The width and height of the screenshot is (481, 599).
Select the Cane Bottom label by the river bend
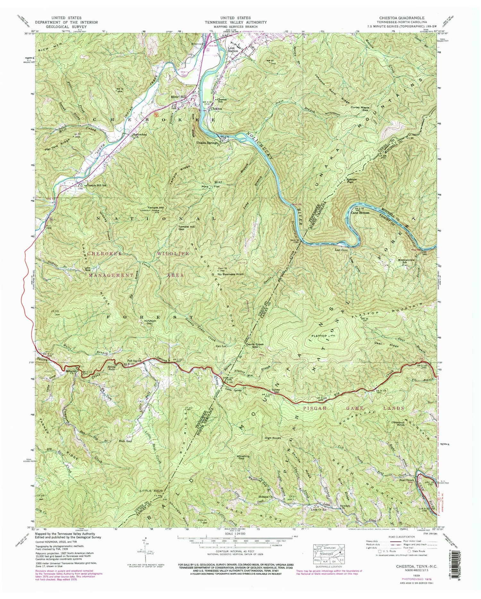pyautogui.click(x=360, y=213)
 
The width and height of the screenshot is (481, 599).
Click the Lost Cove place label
pyautogui.click(x=341, y=250)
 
